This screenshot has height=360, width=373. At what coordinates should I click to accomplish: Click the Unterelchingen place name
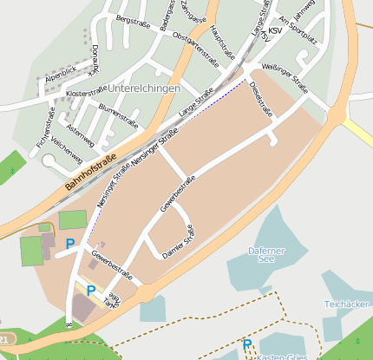[144, 89]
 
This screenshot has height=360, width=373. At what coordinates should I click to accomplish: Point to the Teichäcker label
[346, 304]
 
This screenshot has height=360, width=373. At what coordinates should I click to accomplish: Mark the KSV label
[275, 31]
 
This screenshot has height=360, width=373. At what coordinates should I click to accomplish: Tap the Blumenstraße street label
[118, 113]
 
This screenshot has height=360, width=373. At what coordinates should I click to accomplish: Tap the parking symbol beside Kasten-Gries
[247, 344]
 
